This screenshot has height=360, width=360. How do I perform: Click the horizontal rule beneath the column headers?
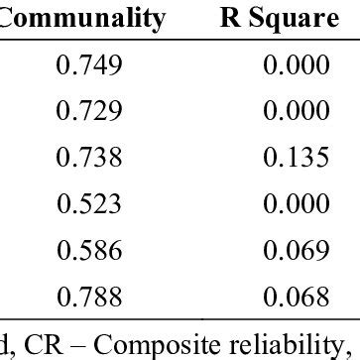click(180, 41)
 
